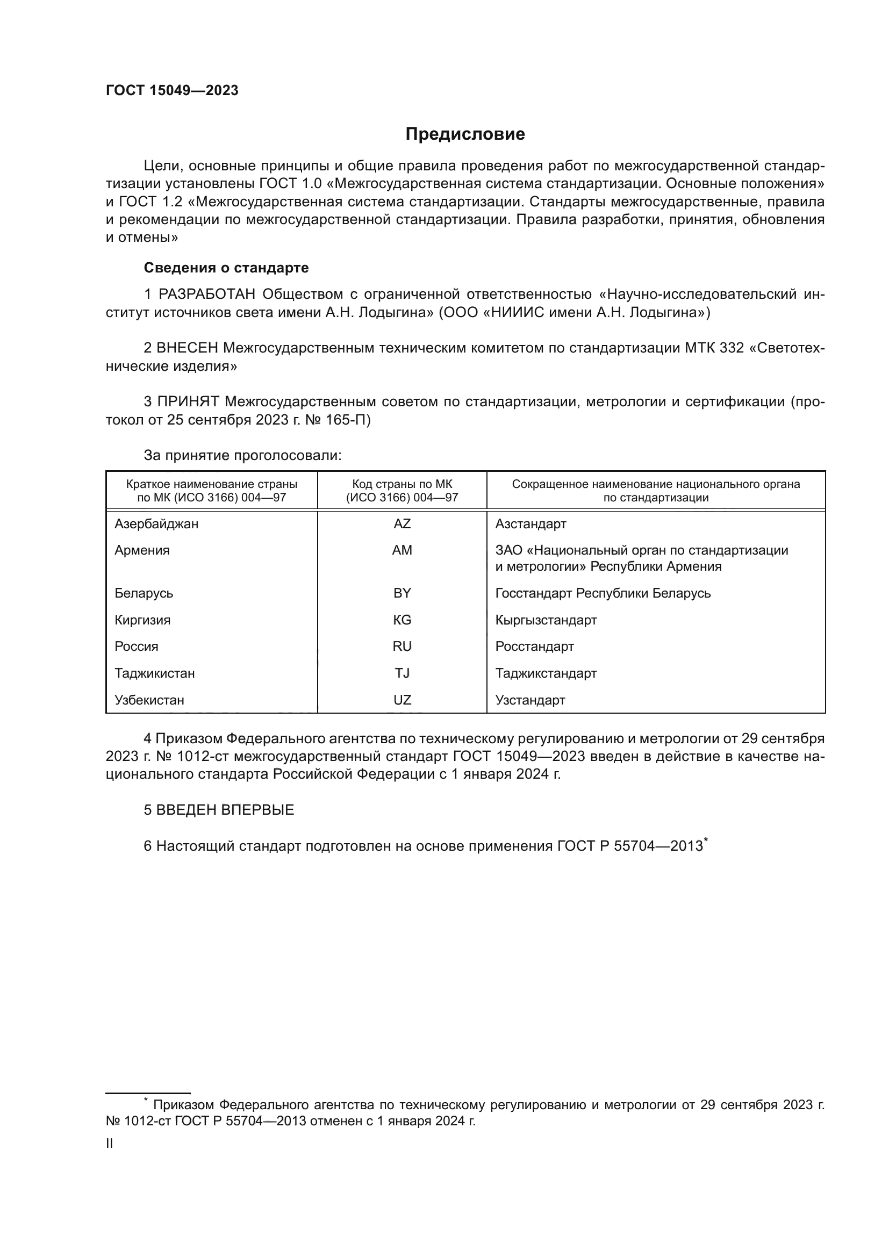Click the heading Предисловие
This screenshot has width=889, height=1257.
click(465, 134)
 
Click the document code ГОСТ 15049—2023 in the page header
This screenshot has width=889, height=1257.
click(172, 91)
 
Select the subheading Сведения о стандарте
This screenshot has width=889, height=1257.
click(226, 268)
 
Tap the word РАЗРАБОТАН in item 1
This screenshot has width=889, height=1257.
click(207, 295)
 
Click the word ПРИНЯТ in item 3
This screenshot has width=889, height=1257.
click(188, 402)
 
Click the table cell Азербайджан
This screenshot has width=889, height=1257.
click(156, 524)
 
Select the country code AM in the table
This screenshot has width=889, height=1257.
click(402, 550)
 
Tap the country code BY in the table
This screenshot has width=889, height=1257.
click(402, 593)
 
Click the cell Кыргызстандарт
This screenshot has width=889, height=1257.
click(546, 620)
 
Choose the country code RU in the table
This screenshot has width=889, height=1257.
click(402, 646)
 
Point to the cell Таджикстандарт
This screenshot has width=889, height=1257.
click(546, 673)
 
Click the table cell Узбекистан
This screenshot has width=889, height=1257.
click(149, 700)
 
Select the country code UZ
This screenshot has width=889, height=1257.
click(402, 700)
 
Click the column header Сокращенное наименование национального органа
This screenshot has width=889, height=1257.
click(656, 485)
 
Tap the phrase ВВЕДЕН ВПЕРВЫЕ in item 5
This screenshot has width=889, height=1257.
click(225, 810)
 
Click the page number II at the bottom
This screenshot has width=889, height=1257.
click(110, 1144)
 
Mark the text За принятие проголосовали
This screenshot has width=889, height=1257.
click(242, 456)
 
